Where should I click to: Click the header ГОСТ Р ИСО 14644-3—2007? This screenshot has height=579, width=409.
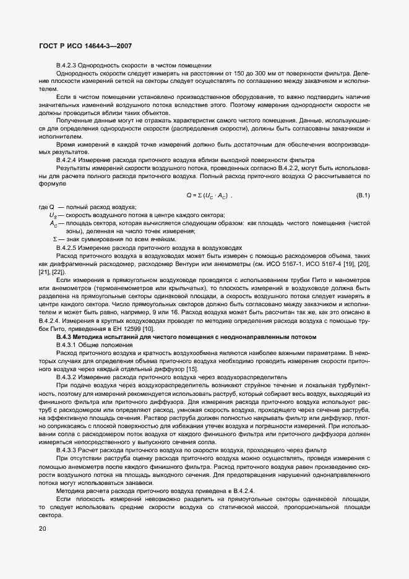[85, 46]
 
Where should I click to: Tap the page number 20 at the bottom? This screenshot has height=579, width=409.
[42, 528]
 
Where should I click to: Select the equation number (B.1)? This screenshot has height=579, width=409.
[363, 195]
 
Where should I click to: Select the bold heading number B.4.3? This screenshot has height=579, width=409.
[66, 336]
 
